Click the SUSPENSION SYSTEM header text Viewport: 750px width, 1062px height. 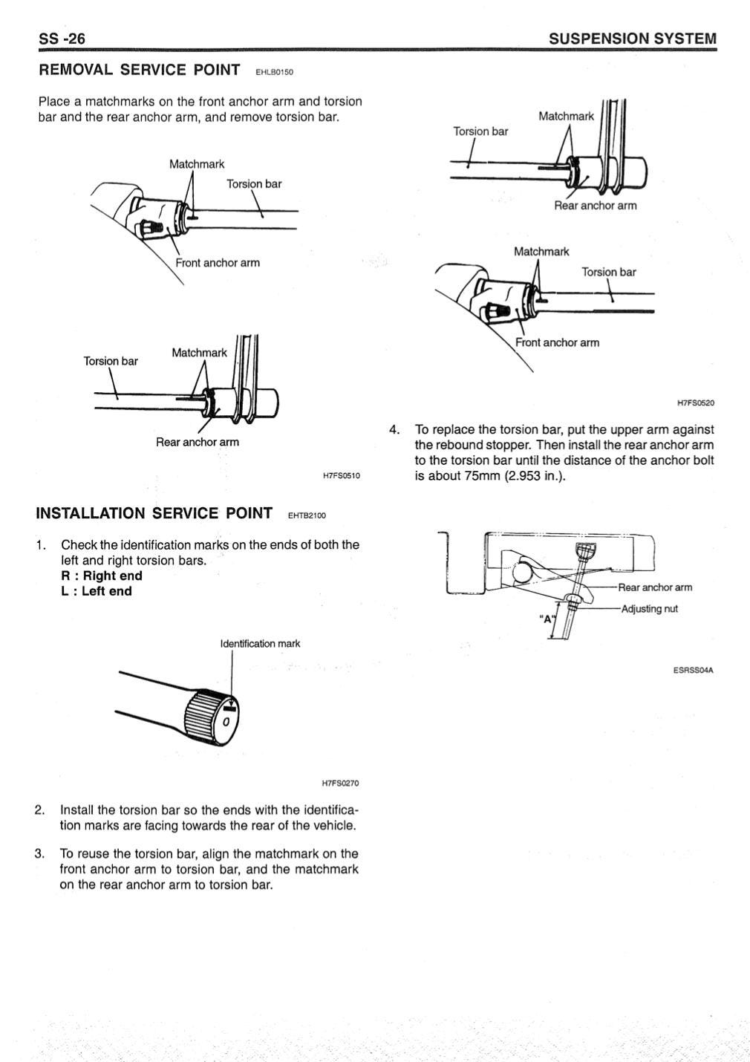[633, 39]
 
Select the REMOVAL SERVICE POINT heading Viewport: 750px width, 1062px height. [139, 70]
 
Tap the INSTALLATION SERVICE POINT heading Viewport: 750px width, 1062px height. [154, 513]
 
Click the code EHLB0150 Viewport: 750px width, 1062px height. [274, 73]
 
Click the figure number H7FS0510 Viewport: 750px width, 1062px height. [341, 475]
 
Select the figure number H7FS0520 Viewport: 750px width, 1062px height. [695, 403]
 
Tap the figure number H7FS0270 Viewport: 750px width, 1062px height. [340, 783]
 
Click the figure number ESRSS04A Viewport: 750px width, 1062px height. [693, 670]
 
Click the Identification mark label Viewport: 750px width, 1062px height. [260, 643]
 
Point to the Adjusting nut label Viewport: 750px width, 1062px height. [649, 609]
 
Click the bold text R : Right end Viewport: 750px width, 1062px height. [102, 576]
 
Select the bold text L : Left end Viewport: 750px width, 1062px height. [97, 591]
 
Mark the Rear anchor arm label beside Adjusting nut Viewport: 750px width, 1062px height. [655, 587]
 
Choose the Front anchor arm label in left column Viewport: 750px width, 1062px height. [218, 263]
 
